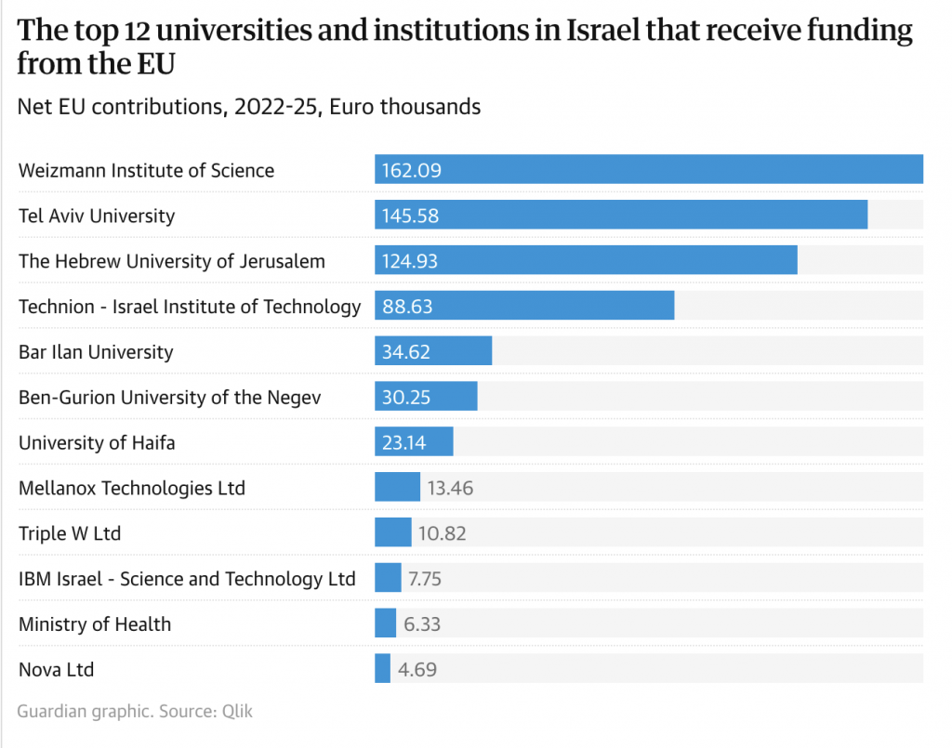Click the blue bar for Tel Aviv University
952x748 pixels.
[x=621, y=215]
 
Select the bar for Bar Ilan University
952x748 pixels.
[x=433, y=351]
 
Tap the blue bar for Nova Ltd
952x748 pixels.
[x=382, y=669]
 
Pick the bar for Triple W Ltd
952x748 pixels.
[x=392, y=532]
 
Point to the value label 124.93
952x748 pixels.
[x=409, y=261]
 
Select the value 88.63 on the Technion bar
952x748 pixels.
[x=407, y=306]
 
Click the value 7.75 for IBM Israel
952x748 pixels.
[x=424, y=579]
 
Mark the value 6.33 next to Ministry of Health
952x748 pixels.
[x=422, y=624]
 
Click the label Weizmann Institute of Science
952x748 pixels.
[x=146, y=170]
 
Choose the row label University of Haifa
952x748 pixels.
[x=97, y=442]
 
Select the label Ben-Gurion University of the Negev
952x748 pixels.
[x=169, y=397]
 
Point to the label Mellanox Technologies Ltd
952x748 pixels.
[x=132, y=488]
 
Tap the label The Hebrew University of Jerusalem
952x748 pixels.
[x=172, y=261]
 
